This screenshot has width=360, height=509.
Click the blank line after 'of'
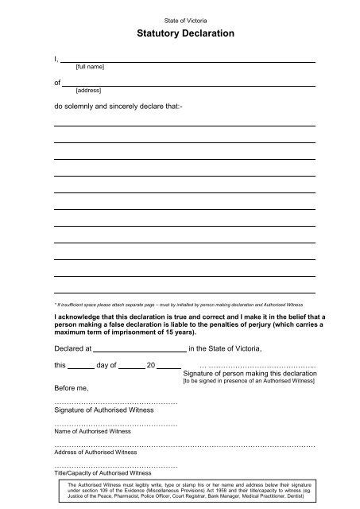click(x=189, y=84)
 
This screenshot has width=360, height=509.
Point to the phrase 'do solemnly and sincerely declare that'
click(x=118, y=104)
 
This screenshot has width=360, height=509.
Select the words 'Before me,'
click(x=72, y=387)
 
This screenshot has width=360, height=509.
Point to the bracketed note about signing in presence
click(x=249, y=382)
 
